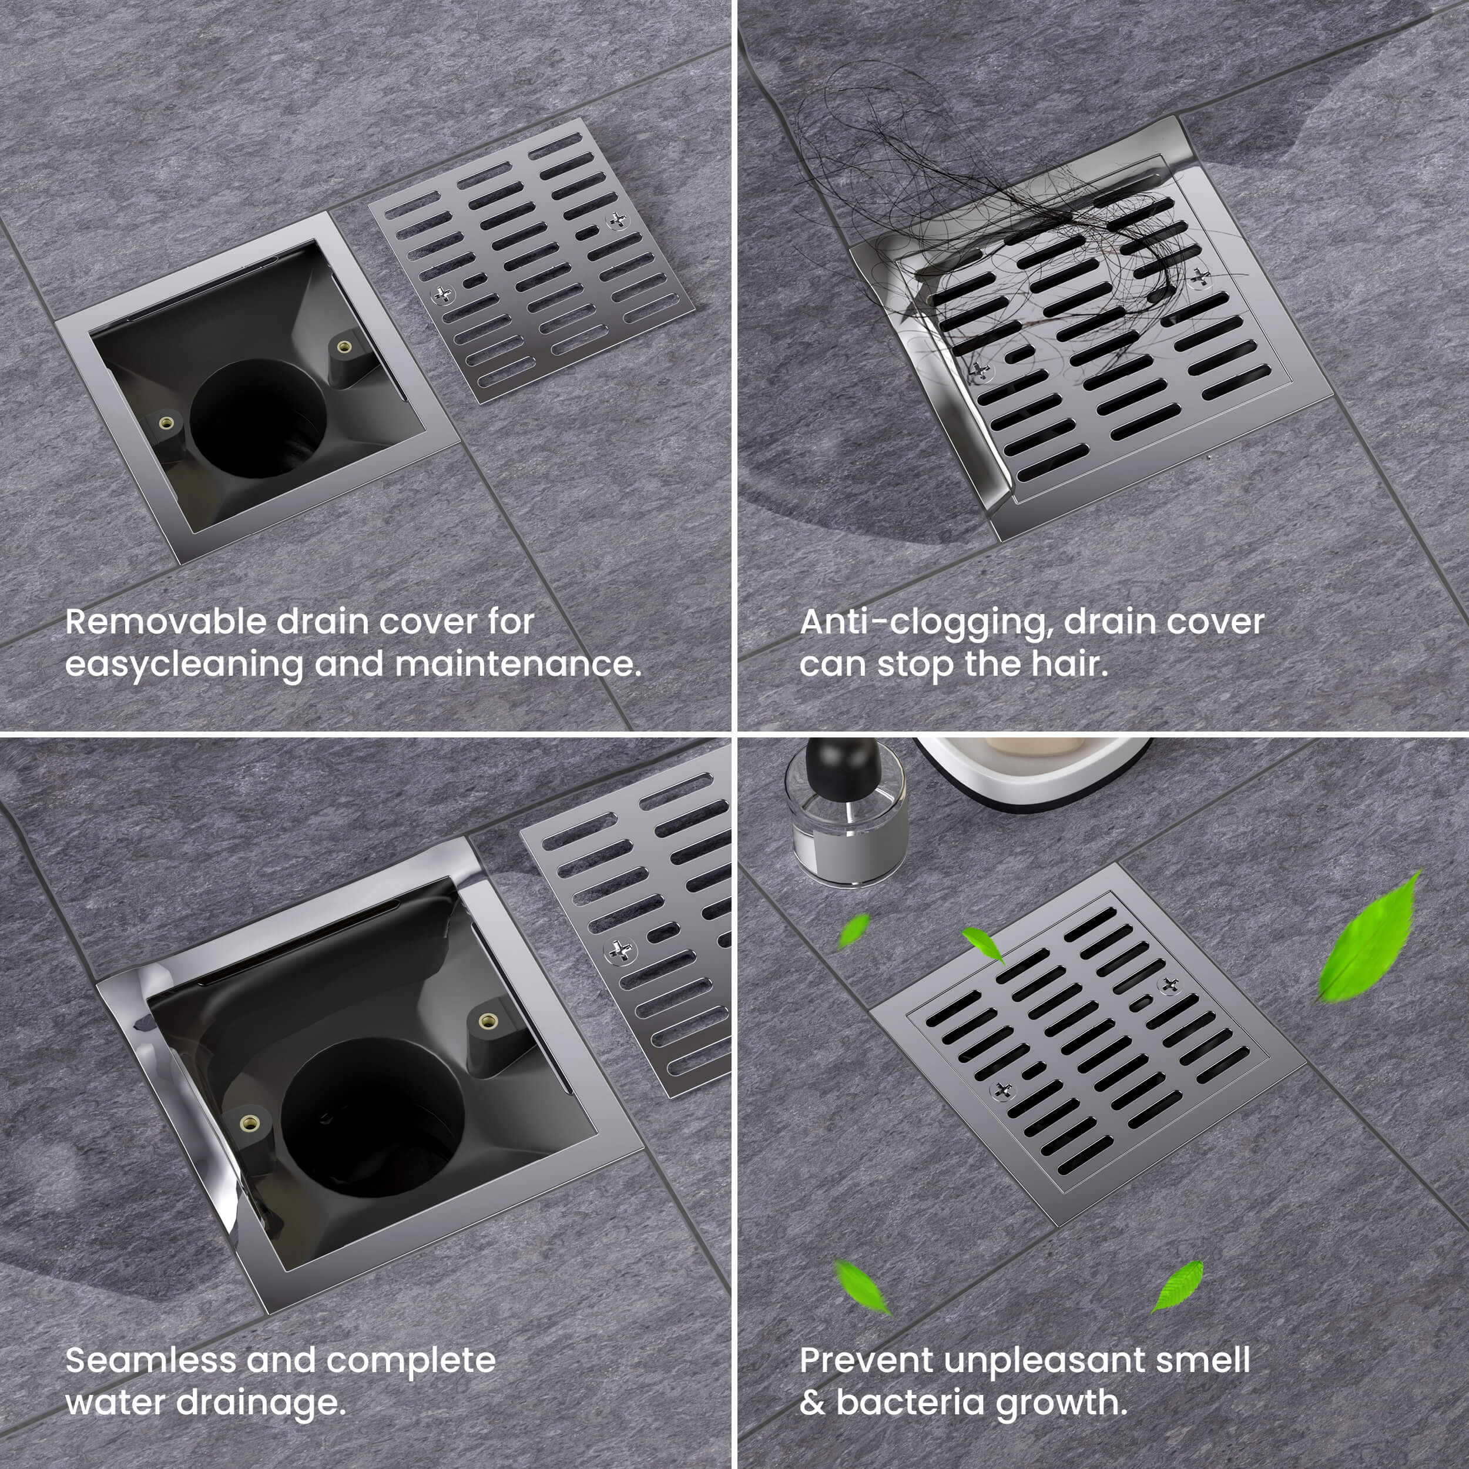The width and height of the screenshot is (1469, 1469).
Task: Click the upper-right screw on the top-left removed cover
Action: point(618,220)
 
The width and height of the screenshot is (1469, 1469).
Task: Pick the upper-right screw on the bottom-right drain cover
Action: point(1169,985)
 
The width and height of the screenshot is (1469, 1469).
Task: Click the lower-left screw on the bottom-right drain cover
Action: point(1003,1091)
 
